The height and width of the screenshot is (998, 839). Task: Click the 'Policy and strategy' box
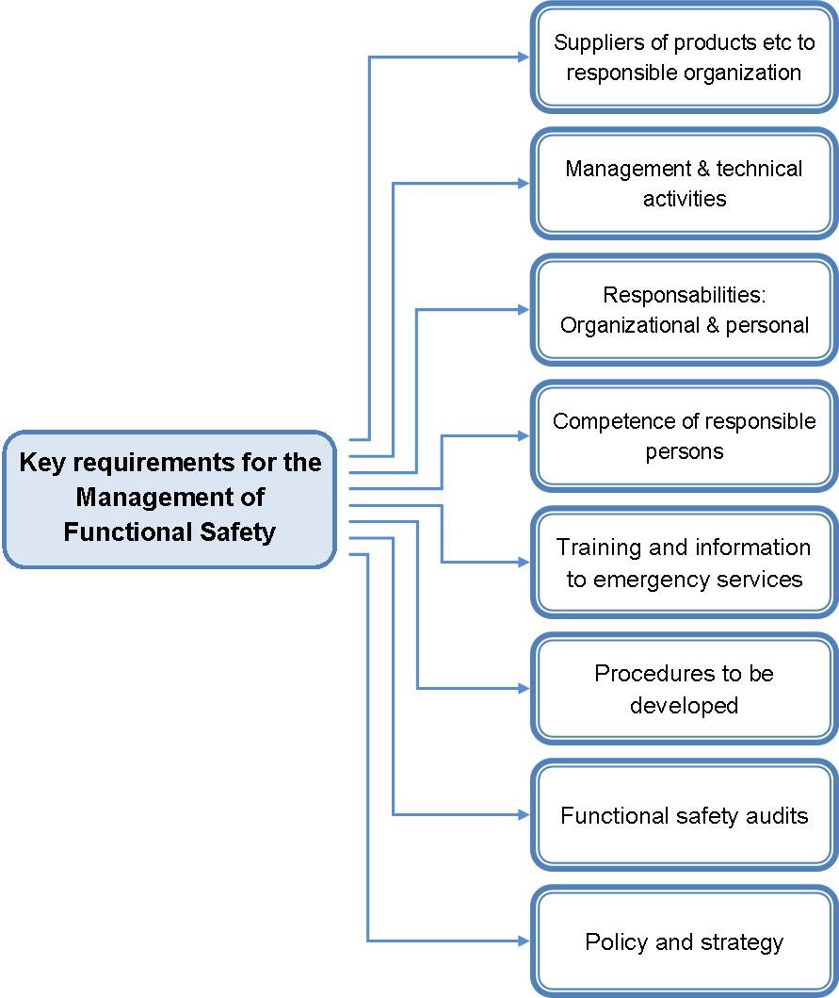(685, 941)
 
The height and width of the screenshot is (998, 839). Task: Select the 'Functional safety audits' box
(685, 815)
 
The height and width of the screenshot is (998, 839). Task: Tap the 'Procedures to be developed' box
(685, 689)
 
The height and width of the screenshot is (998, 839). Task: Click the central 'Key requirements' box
(169, 498)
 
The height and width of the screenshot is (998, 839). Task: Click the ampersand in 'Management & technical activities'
(699, 169)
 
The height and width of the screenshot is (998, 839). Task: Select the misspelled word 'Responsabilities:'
(685, 295)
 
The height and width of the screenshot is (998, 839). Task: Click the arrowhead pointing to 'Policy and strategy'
(523, 941)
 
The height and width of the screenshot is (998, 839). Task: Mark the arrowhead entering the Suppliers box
(523, 57)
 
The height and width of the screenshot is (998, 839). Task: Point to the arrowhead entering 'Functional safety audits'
(523, 814)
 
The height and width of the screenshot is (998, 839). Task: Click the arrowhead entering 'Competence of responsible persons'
(523, 435)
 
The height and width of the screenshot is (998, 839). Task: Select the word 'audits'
(775, 815)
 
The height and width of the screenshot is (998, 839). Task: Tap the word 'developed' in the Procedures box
(685, 705)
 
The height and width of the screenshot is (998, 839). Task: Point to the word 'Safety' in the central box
(237, 532)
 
